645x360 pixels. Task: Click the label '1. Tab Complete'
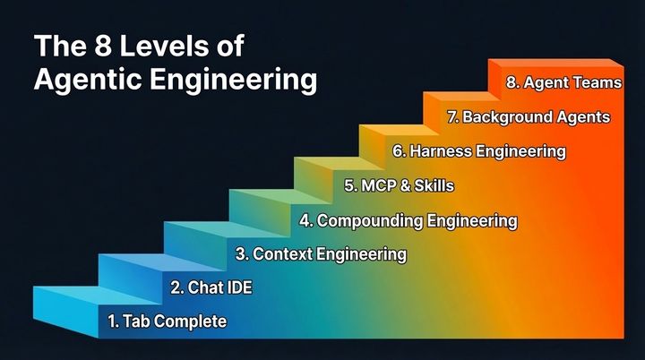coord(167,321)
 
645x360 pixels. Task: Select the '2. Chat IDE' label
coord(211,287)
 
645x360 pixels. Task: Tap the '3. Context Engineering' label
coord(321,253)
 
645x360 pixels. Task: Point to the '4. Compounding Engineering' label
coord(408,219)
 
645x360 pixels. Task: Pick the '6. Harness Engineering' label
coord(478,150)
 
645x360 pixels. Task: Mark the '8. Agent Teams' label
coord(563,82)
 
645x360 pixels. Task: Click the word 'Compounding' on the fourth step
coord(363,219)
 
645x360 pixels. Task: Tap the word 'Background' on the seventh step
coord(505,116)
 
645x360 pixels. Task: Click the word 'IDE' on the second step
coord(237,287)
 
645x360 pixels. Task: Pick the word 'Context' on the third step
coord(279,253)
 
